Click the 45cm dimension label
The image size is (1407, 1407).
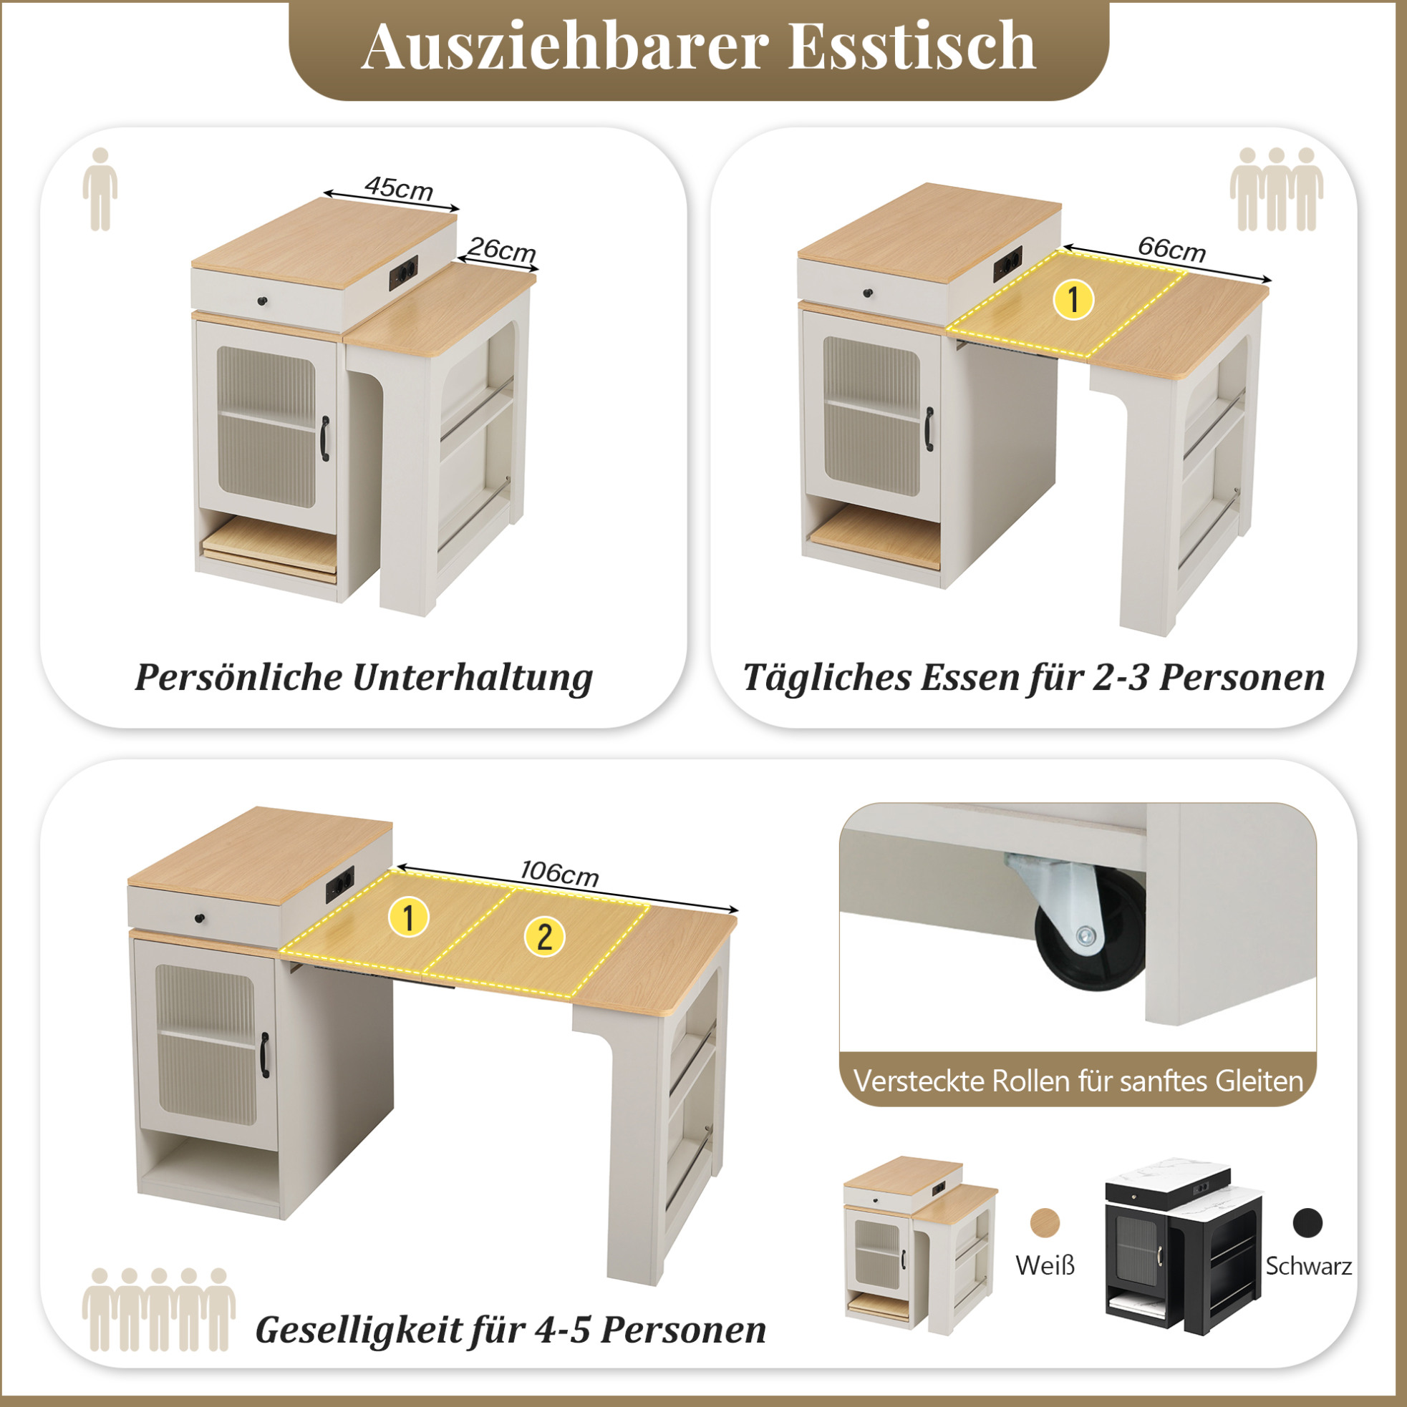[x=400, y=189]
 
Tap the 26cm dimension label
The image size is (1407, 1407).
[x=502, y=250]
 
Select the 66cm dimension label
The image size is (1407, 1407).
[x=1171, y=249]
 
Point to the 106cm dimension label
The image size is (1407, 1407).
[x=560, y=872]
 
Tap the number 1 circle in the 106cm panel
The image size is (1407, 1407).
[x=409, y=917]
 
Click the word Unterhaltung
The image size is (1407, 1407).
[x=472, y=678]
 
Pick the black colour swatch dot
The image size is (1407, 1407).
[x=1308, y=1223]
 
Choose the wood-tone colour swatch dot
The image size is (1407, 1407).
[x=1045, y=1222]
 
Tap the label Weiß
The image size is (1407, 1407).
[x=1045, y=1266]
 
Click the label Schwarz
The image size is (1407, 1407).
[x=1308, y=1267]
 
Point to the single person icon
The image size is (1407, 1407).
[x=100, y=190]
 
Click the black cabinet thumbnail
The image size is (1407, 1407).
[x=1184, y=1252]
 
